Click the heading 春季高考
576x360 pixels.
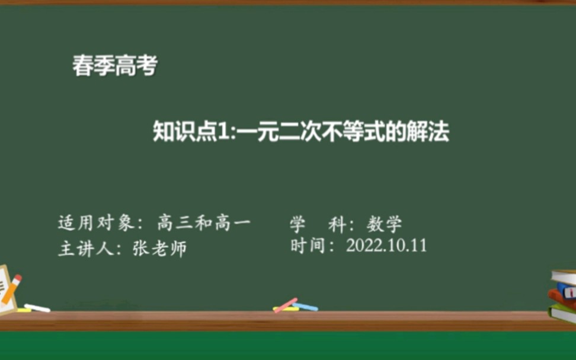(x=114, y=66)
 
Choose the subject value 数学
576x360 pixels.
(x=384, y=224)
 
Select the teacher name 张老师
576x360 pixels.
(x=159, y=248)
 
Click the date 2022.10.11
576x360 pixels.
(x=386, y=246)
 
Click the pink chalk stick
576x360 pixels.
(x=286, y=305)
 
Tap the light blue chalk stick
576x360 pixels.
(x=306, y=307)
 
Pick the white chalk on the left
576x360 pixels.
(x=37, y=308)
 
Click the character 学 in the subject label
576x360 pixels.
(x=297, y=224)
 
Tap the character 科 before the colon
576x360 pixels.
(x=338, y=224)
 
